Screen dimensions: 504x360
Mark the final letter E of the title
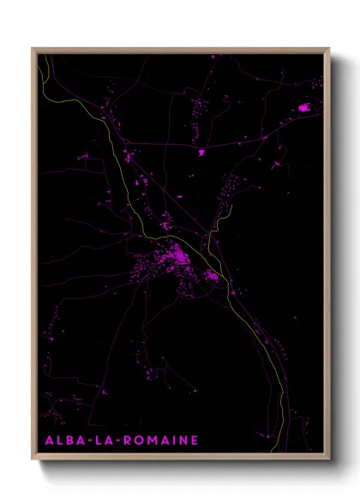point(195,441)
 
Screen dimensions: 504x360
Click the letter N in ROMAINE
point(183,441)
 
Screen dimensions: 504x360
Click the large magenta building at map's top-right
point(304,107)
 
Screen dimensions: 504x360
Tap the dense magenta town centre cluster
point(177,255)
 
